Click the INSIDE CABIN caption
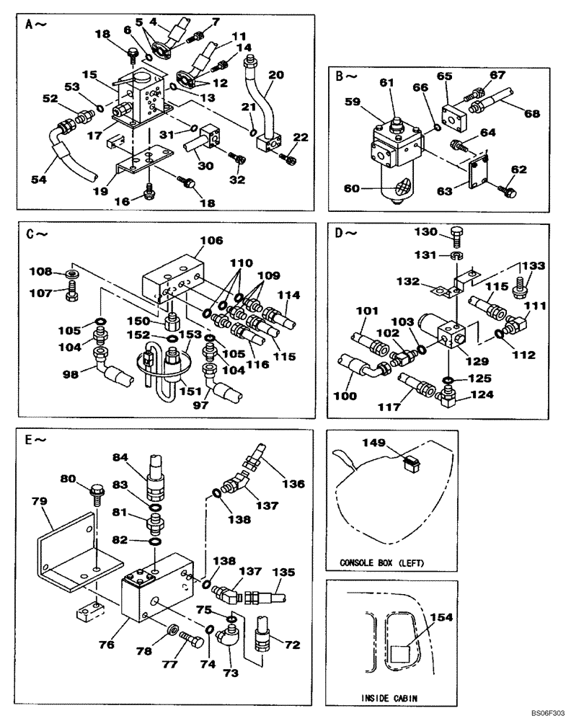(x=391, y=697)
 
